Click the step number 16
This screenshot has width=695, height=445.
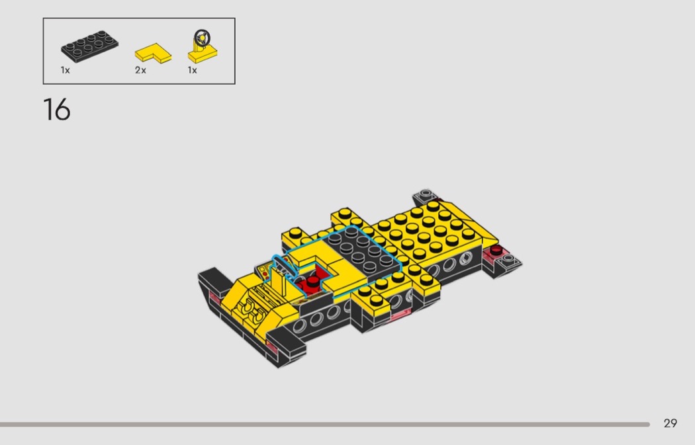(57, 109)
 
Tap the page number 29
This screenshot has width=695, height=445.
(670, 423)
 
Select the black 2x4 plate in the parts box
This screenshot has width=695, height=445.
(89, 46)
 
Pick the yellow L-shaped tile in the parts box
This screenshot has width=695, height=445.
(153, 53)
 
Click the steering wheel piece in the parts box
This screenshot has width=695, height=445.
(203, 47)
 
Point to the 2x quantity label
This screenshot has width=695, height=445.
(140, 70)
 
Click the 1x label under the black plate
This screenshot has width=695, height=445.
(65, 70)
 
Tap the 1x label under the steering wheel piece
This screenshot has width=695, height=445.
(193, 70)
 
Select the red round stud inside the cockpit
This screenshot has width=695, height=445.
(313, 282)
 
